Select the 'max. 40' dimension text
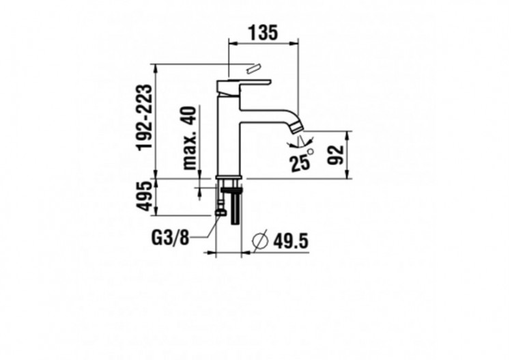tap(190, 139)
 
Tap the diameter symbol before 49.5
tap(259, 240)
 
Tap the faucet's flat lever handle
tap(244, 83)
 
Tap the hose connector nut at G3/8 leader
tap(220, 212)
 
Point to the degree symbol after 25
tap(310, 152)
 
